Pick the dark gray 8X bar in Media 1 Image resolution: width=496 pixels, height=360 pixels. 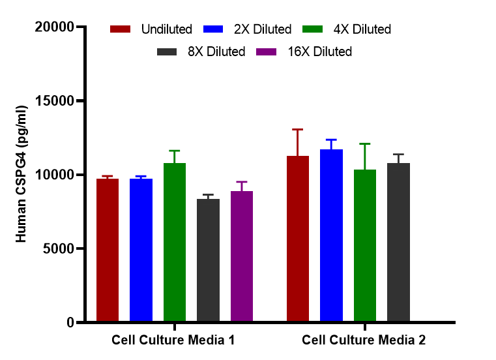click(208, 260)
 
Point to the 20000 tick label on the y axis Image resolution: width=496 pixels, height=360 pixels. click(53, 27)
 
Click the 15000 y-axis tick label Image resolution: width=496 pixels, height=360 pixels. click(53, 101)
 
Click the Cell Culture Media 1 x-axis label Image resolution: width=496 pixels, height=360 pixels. click(173, 340)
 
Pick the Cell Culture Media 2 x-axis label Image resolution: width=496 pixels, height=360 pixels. click(364, 340)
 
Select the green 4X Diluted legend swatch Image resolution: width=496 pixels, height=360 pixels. click(314, 29)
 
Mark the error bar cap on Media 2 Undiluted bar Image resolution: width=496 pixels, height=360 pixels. click(298, 130)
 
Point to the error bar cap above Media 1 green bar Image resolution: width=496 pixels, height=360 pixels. click(175, 151)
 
